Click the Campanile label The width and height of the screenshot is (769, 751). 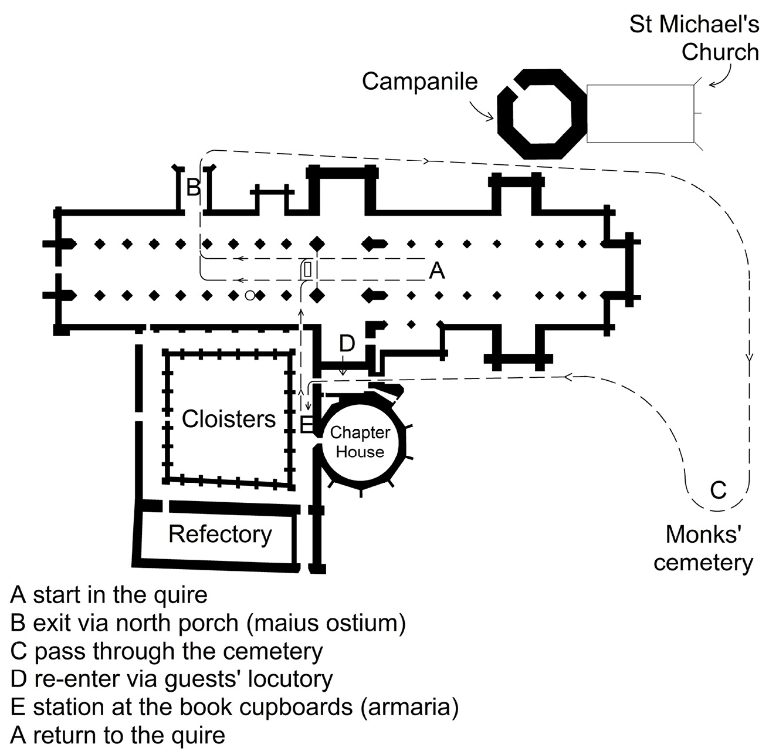pyautogui.click(x=419, y=82)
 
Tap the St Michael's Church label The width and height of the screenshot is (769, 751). pyautogui.click(x=694, y=38)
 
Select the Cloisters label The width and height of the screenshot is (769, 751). pyautogui.click(x=228, y=419)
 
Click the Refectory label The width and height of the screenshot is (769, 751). pyautogui.click(x=220, y=534)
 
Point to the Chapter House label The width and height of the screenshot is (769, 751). pyautogui.click(x=360, y=442)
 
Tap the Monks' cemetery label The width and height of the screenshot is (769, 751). pyautogui.click(x=703, y=548)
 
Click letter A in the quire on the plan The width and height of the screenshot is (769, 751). pyautogui.click(x=437, y=270)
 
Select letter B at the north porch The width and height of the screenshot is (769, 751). pyautogui.click(x=193, y=188)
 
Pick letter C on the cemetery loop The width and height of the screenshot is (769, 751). pyautogui.click(x=719, y=489)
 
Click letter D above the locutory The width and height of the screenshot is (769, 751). pyautogui.click(x=347, y=343)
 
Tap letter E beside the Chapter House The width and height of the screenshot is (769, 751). pyautogui.click(x=306, y=424)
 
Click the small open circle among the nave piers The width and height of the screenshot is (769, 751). pyautogui.click(x=250, y=295)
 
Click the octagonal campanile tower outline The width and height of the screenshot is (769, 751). pyautogui.click(x=541, y=114)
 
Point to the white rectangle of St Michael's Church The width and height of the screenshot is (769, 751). pyautogui.click(x=640, y=113)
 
